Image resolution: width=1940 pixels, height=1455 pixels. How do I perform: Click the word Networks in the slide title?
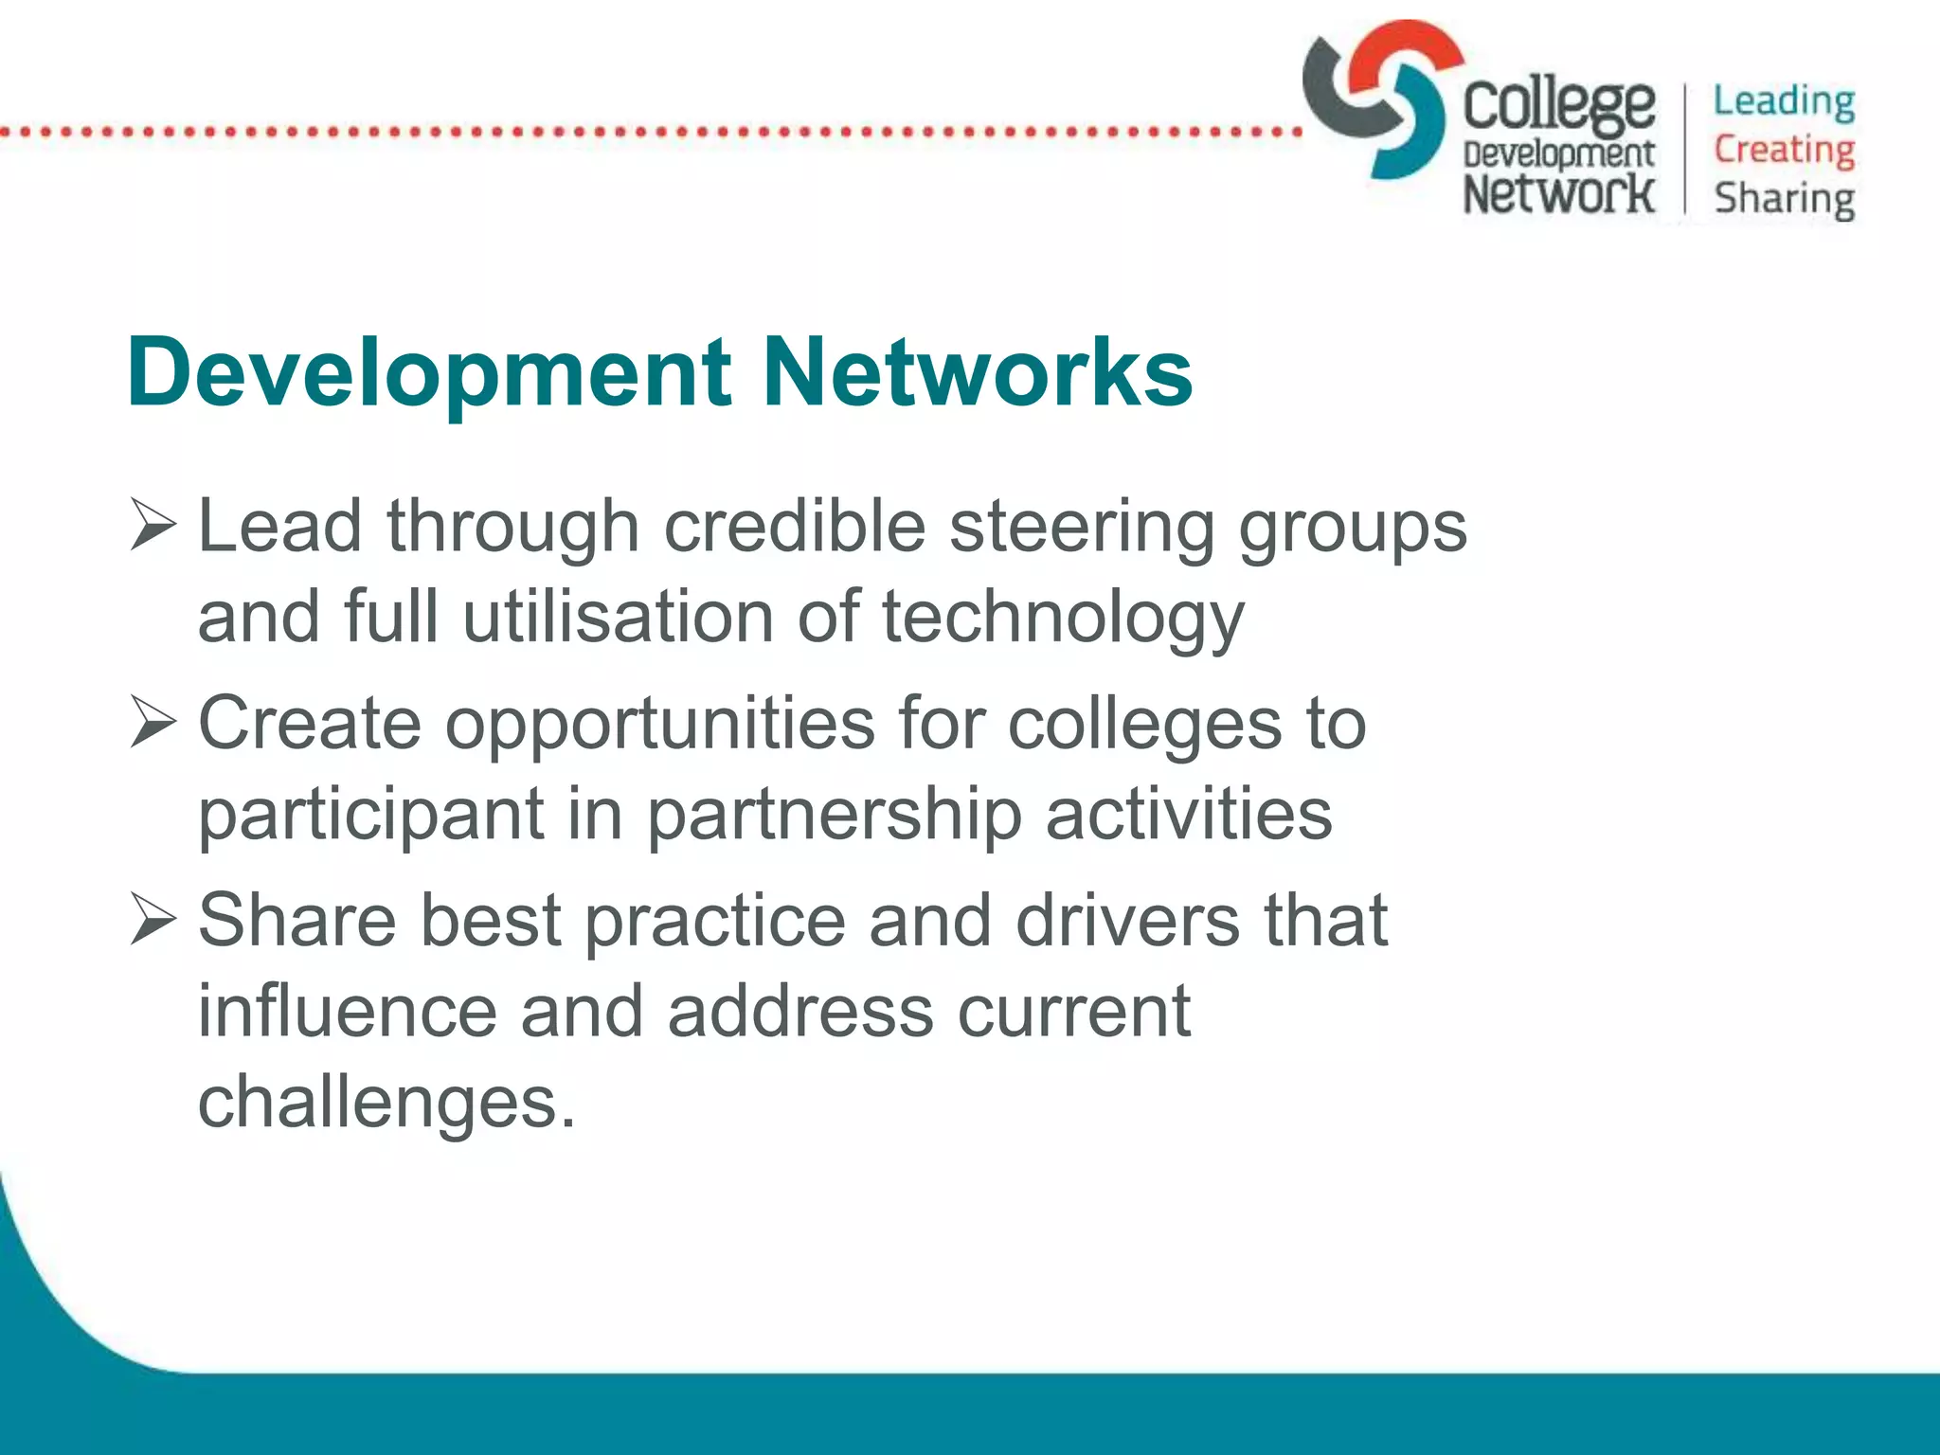(x=977, y=373)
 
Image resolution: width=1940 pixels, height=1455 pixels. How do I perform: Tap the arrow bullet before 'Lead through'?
(x=153, y=527)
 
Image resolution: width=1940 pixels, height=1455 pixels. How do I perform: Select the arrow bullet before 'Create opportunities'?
(x=153, y=723)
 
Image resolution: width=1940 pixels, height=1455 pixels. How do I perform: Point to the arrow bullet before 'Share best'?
(x=153, y=920)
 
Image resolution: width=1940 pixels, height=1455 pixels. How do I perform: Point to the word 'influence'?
(x=347, y=1011)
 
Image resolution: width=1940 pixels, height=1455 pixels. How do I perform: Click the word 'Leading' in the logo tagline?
(x=1784, y=101)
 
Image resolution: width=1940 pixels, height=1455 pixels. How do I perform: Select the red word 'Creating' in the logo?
(x=1784, y=150)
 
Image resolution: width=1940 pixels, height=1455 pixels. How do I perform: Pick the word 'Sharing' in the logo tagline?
(x=1784, y=200)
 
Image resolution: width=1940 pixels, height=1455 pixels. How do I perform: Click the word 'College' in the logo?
(x=1559, y=105)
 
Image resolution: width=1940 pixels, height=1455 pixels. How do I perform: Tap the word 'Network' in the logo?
(x=1558, y=193)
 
